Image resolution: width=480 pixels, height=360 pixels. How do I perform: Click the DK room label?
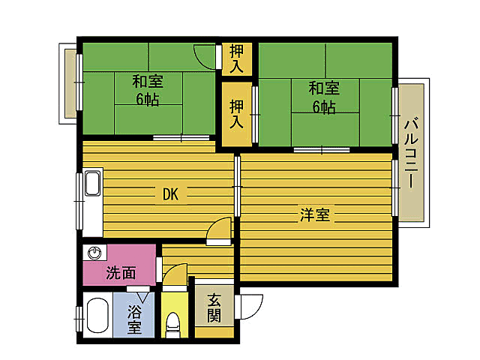click(x=170, y=195)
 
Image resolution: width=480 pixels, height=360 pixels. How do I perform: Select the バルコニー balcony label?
click(x=412, y=153)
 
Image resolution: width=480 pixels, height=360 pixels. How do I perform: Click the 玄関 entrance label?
click(x=214, y=307)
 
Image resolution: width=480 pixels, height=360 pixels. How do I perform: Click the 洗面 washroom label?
click(x=120, y=273)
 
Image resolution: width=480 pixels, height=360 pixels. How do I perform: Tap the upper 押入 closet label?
click(x=236, y=59)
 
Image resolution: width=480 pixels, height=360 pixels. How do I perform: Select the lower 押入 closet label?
click(x=236, y=113)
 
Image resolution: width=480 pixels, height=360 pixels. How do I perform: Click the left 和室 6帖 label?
click(x=148, y=90)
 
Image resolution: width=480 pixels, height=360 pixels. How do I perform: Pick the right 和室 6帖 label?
click(x=324, y=97)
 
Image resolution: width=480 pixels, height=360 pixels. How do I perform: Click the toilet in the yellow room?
click(x=173, y=325)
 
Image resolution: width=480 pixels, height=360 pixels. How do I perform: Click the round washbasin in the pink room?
click(x=95, y=253)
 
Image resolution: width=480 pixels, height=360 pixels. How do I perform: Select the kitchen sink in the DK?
click(x=92, y=184)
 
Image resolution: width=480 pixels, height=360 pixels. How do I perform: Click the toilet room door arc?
click(x=172, y=283)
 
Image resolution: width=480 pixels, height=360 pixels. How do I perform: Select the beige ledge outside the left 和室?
click(x=70, y=82)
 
